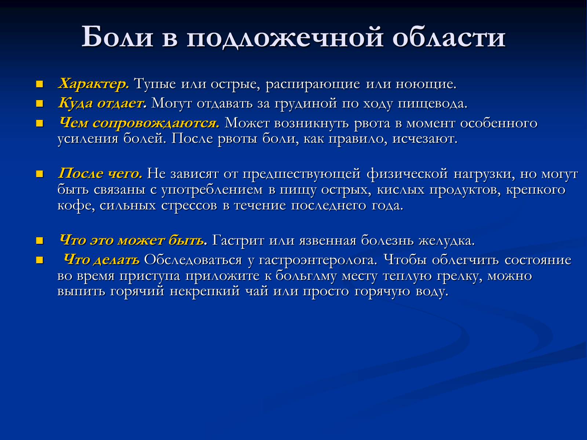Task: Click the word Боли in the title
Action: click(117, 37)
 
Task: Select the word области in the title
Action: click(449, 37)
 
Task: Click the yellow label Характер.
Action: click(94, 84)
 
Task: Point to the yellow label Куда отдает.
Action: click(102, 103)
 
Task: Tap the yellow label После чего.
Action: click(100, 173)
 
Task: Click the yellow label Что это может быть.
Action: click(133, 240)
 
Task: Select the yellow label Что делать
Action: click(102, 259)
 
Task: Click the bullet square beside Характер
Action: click(40, 84)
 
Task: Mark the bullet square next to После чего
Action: click(40, 174)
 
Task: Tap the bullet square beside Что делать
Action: click(40, 260)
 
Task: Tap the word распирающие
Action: click(313, 84)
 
